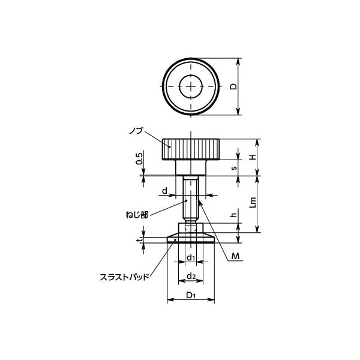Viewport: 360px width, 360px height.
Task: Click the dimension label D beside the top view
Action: point(234,86)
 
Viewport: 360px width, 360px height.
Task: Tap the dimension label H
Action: point(253,157)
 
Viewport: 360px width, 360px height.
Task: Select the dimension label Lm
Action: point(253,202)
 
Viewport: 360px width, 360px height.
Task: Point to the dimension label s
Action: point(234,168)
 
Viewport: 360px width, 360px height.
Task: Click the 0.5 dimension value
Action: point(139,159)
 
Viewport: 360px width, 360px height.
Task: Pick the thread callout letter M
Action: point(235,256)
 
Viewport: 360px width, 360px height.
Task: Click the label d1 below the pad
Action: point(191,258)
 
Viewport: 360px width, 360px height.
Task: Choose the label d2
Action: point(191,277)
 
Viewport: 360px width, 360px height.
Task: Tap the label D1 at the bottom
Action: point(191,295)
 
